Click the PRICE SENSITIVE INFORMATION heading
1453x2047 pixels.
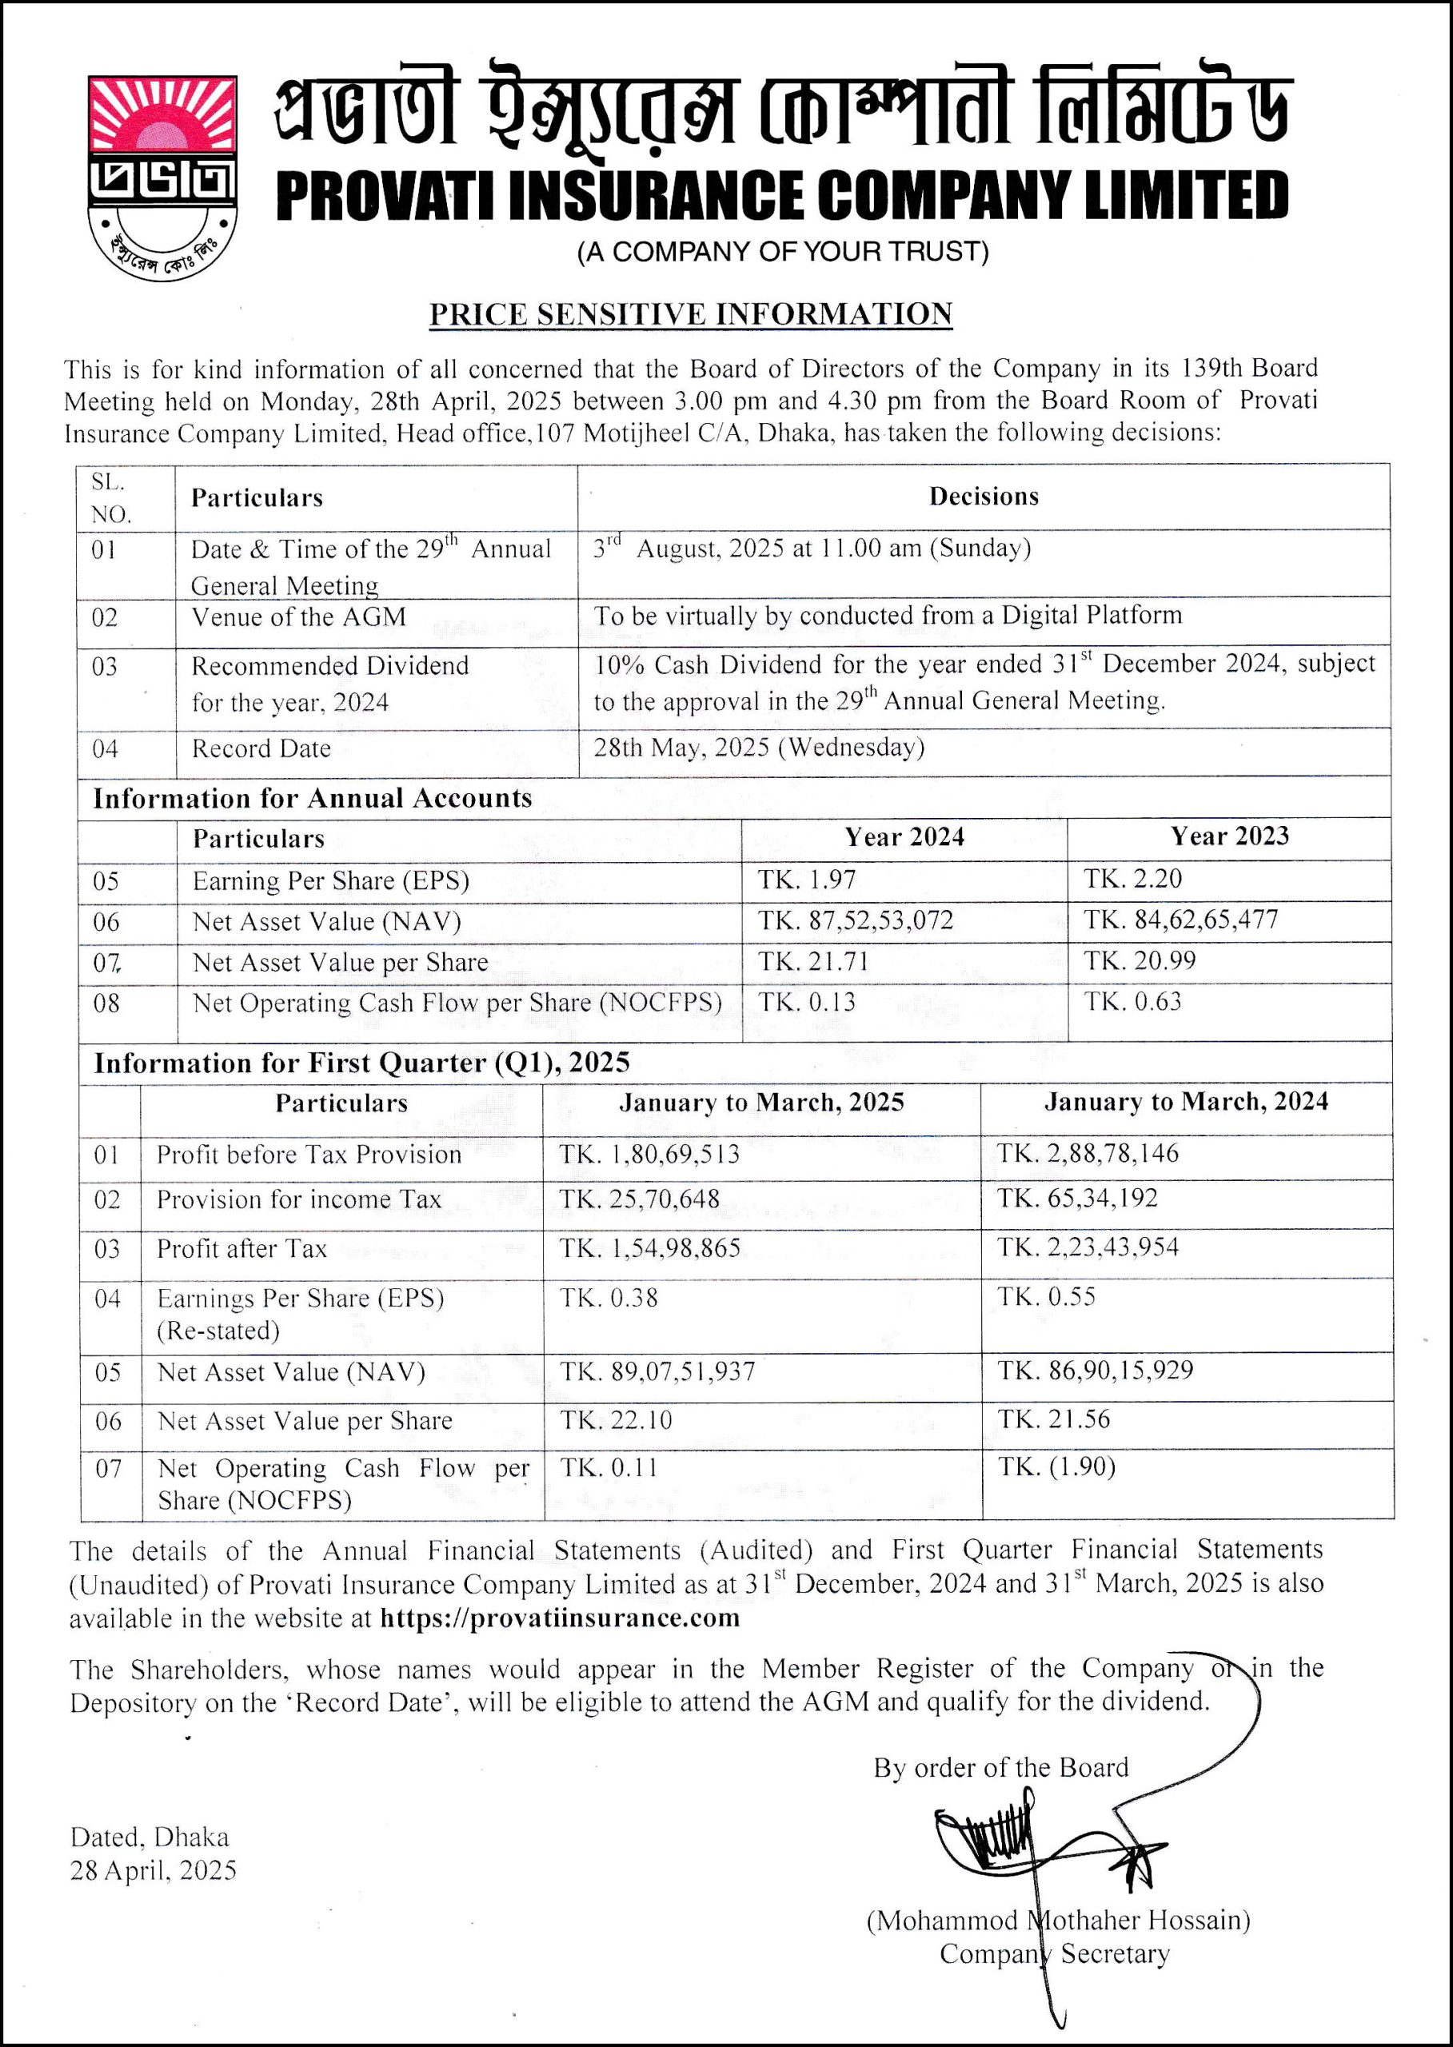tap(690, 314)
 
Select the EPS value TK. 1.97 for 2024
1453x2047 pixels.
tap(807, 880)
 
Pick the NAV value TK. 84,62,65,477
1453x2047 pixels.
tap(1181, 920)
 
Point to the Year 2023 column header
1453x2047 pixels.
tap(1229, 836)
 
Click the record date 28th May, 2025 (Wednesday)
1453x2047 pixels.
tap(759, 748)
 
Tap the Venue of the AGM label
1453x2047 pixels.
tap(298, 617)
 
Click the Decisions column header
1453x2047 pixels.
tap(984, 497)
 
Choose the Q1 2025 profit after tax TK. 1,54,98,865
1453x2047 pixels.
tap(649, 1248)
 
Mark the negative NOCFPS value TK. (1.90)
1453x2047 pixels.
tap(1056, 1467)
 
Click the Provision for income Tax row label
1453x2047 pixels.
tap(299, 1199)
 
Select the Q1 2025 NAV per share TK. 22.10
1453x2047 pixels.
tap(616, 1421)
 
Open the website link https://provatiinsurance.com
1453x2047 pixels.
tap(559, 1618)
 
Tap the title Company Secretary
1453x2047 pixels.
tap(1054, 1955)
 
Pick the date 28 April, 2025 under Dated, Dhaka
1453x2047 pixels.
tap(153, 1871)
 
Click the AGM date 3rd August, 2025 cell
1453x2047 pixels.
tap(812, 549)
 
